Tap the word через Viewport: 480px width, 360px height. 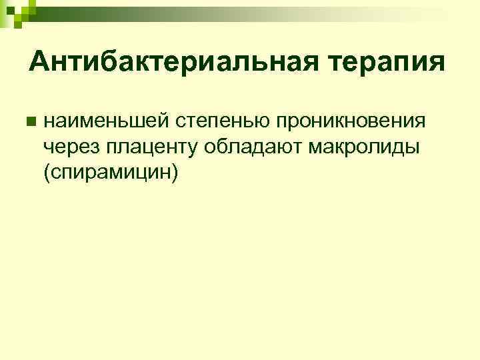(x=70, y=147)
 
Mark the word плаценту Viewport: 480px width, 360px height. (x=151, y=147)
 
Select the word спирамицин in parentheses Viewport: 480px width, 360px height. (x=110, y=171)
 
